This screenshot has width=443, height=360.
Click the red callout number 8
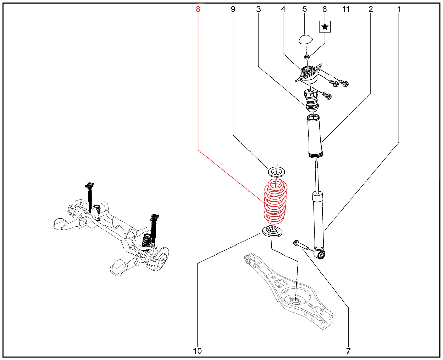pos(198,9)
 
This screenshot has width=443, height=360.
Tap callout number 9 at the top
pos(233,9)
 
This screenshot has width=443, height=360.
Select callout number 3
pos(259,9)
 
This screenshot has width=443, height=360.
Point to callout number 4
pos(283,9)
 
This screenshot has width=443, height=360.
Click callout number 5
pos(305,9)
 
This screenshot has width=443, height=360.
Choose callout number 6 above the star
pos(325,9)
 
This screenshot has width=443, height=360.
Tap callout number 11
pos(346,9)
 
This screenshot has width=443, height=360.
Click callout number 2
pos(371,9)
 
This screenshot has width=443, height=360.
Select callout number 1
pos(399,9)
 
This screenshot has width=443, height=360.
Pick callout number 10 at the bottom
pos(197,351)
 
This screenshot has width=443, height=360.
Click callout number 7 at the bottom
pos(348,351)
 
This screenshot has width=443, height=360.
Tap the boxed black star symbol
pos(325,27)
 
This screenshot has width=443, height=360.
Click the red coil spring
pos(275,202)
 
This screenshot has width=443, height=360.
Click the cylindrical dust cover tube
pos(315,137)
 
